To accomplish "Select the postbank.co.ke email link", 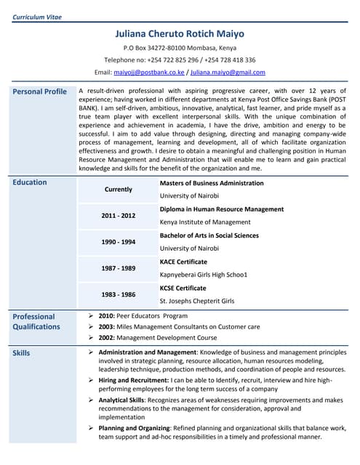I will coord(149,73).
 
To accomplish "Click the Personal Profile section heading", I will coord(40,92).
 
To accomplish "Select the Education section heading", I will coord(30,182).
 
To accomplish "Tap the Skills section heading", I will coord(22,353).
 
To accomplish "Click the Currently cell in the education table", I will coord(119,190).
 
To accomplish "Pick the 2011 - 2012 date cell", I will coord(119,216).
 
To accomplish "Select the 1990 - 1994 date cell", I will coord(119,242).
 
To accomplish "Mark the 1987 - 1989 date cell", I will coord(119,268).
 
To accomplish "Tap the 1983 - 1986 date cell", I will coord(119,294).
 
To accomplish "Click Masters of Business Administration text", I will coord(211,183).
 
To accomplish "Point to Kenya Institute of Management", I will coord(205,222).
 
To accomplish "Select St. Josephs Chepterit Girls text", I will coord(197,301).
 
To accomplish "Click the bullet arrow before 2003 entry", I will coord(89,327).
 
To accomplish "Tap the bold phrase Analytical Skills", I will coord(121,400).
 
